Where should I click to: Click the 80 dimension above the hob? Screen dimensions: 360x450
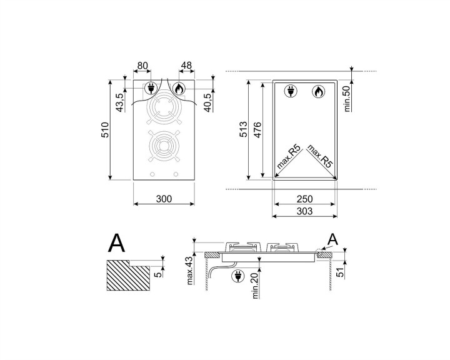pyautogui.click(x=142, y=64)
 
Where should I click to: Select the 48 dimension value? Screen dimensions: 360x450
pyautogui.click(x=186, y=64)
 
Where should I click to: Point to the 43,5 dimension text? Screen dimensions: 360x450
pyautogui.click(x=121, y=99)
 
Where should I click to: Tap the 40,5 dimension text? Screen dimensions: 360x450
pyautogui.click(x=208, y=99)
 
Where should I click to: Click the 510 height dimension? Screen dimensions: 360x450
pyautogui.click(x=106, y=130)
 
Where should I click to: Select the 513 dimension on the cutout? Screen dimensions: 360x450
pyautogui.click(x=243, y=130)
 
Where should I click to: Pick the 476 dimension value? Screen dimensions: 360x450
pyautogui.click(x=257, y=130)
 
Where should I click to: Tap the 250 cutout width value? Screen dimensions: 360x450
pyautogui.click(x=305, y=199)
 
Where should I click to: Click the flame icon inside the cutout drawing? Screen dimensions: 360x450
pyautogui.click(x=318, y=92)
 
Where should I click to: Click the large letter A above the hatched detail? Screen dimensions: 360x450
pyautogui.click(x=117, y=242)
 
